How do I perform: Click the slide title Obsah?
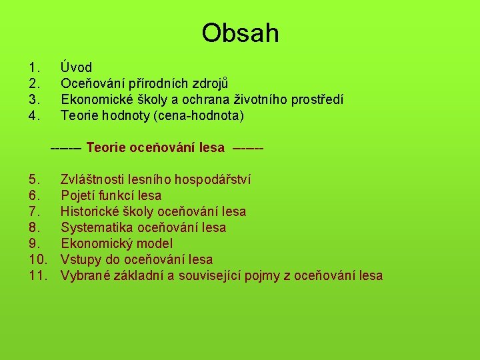(x=240, y=33)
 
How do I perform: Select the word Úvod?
(x=76, y=67)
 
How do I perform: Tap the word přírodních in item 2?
(x=155, y=83)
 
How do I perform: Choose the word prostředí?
(x=313, y=99)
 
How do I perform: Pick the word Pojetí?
(x=78, y=195)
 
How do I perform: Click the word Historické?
(x=91, y=211)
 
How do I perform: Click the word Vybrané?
(x=84, y=275)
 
